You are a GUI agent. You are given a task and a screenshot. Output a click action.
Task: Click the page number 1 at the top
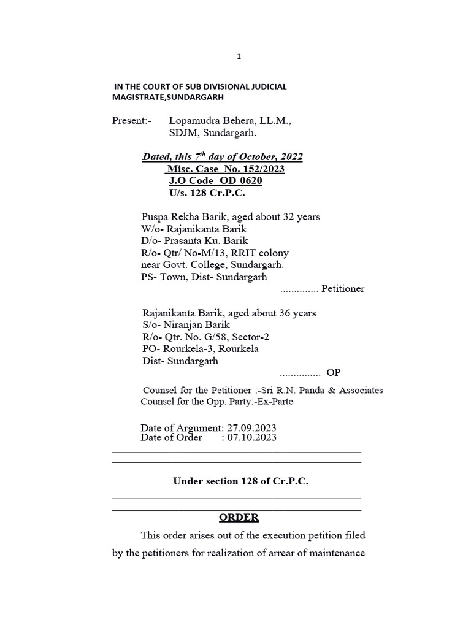(x=240, y=57)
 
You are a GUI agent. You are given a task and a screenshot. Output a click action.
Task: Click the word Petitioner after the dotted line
(x=343, y=288)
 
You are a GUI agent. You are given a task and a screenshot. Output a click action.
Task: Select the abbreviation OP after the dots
(x=334, y=373)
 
